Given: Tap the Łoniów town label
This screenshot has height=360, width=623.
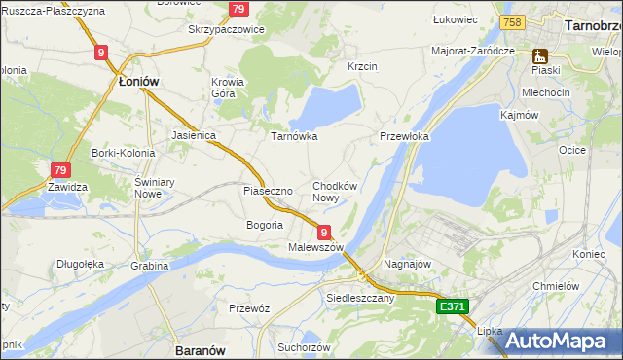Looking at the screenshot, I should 136,83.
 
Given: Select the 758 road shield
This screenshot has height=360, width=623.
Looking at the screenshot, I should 512,22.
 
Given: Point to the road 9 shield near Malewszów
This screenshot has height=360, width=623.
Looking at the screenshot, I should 323,232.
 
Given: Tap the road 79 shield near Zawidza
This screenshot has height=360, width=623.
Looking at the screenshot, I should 61,171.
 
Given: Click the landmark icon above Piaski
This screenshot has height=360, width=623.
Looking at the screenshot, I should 538,55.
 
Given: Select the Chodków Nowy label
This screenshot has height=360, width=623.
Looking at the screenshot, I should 335,192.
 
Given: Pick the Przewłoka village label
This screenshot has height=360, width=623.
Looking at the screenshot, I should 404,137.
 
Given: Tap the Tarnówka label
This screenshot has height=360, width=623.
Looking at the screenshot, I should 293,136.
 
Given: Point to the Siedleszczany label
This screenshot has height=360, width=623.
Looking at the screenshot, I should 360,298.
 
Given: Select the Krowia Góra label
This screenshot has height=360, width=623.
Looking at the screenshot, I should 228,89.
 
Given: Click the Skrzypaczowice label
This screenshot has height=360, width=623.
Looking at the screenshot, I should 226,29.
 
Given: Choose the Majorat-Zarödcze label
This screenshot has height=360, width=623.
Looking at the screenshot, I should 473,50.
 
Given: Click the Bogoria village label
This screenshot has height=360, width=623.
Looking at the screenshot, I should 264,225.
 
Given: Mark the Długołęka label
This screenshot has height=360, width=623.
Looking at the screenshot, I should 81,263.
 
